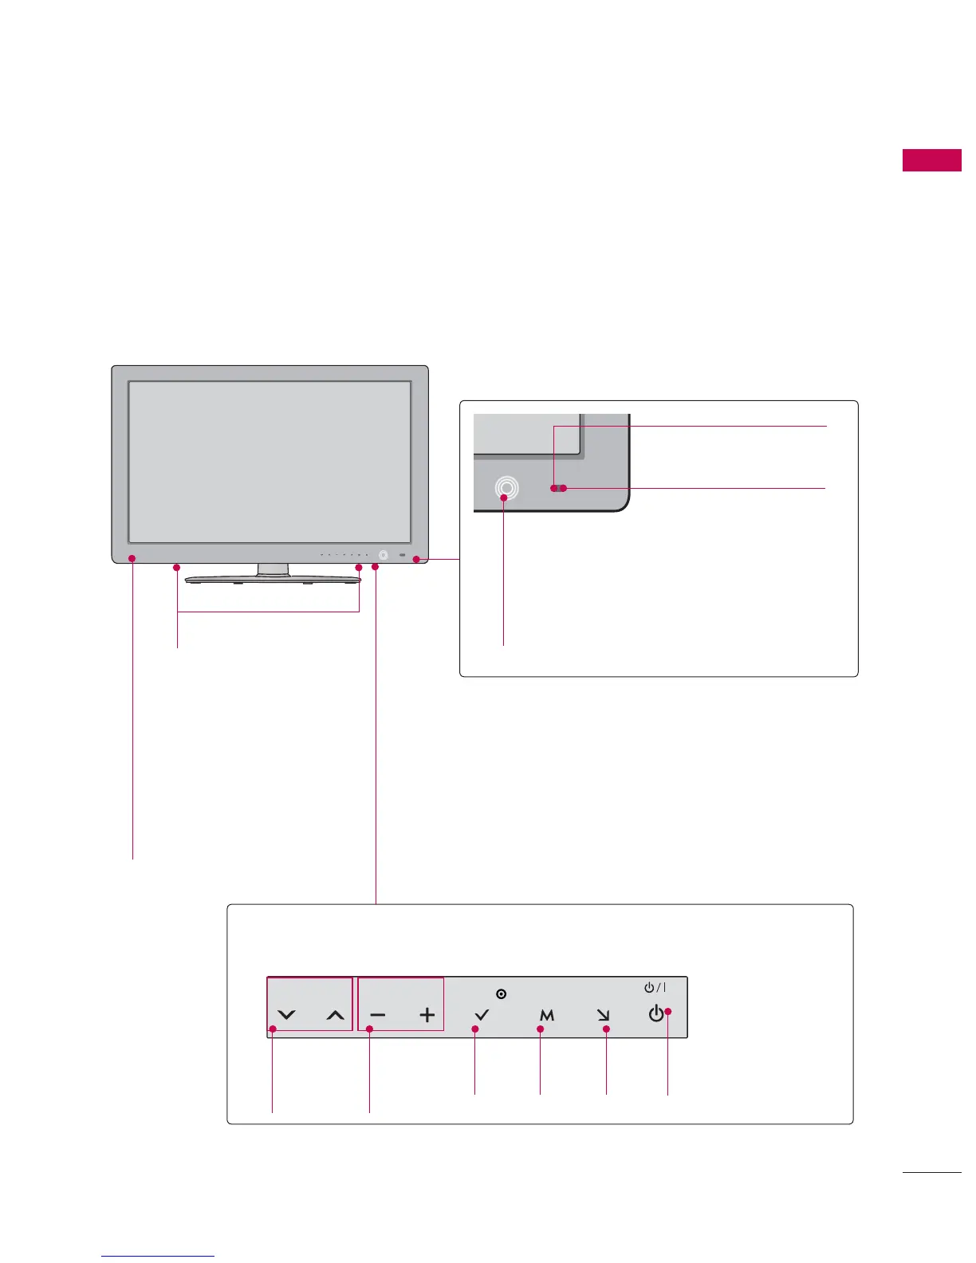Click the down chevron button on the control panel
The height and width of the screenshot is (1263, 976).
(x=286, y=1015)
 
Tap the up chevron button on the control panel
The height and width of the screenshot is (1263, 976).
(x=336, y=1015)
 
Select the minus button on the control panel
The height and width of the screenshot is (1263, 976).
(x=378, y=1015)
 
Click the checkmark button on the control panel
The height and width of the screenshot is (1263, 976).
(x=482, y=1015)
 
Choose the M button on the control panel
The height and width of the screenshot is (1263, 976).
(x=546, y=1015)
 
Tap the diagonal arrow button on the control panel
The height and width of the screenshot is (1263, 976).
(x=603, y=1015)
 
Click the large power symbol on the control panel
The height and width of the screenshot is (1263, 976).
(x=655, y=1013)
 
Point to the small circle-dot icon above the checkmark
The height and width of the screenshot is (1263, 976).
(x=501, y=993)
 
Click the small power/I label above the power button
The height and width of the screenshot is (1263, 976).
(x=655, y=987)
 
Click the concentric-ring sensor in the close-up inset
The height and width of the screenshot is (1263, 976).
(x=506, y=488)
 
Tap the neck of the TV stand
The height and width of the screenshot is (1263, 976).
(x=273, y=569)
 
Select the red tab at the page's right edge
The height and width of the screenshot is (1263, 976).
(x=931, y=159)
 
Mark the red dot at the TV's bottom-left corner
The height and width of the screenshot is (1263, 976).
(x=133, y=558)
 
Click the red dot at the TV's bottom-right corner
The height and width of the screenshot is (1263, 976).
(x=416, y=560)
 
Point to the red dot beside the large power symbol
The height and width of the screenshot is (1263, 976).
(x=668, y=1012)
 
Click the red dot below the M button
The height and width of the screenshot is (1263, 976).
(x=541, y=1029)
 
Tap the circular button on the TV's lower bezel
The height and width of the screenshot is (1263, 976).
(x=384, y=555)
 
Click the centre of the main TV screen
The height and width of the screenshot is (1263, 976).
(x=270, y=462)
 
